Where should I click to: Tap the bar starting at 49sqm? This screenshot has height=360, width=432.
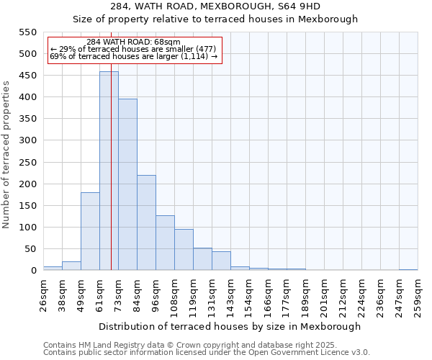(90, 231)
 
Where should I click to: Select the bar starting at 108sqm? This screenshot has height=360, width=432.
(184, 249)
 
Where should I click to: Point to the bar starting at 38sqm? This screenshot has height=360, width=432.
(71, 266)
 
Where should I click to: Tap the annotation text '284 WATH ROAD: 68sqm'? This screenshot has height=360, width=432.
(133, 42)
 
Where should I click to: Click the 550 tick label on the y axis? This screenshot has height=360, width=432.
(27, 32)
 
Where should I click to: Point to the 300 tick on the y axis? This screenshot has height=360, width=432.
(27, 140)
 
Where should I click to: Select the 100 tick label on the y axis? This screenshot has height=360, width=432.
(27, 228)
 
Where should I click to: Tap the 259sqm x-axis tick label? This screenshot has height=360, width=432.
(418, 296)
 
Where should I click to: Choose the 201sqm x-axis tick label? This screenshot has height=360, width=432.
(324, 296)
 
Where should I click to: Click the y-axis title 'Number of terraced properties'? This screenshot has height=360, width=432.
(6, 155)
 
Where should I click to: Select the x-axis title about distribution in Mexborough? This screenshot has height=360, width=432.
(230, 326)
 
